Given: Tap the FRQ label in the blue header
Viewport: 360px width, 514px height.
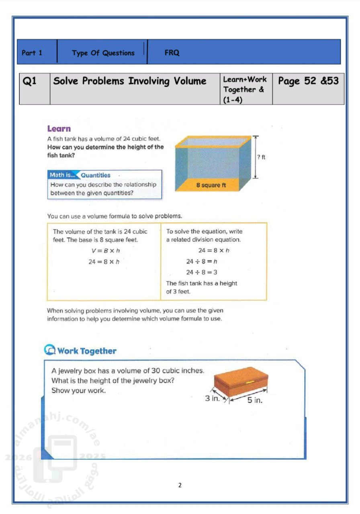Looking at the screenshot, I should (x=172, y=53).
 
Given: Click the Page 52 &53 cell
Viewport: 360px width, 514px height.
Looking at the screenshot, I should (x=309, y=81).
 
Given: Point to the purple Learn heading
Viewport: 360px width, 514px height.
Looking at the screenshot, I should (x=59, y=129).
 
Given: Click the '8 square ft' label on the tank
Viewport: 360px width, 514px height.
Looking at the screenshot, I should (x=211, y=185).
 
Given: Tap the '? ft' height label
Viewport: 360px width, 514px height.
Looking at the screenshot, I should (x=261, y=157).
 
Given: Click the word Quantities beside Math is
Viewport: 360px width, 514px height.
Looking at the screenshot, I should (x=96, y=175).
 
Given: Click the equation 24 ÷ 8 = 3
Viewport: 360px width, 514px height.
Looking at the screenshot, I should (x=202, y=272).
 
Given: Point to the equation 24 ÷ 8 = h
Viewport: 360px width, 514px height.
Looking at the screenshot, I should (x=202, y=261).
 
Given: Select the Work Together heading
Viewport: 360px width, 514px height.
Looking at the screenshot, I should (x=87, y=351).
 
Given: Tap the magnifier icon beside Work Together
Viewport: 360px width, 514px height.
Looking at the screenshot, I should (x=50, y=350).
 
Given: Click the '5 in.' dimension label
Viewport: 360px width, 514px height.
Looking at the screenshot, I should (x=255, y=400).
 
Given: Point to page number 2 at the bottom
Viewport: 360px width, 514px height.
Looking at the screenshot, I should (x=180, y=485).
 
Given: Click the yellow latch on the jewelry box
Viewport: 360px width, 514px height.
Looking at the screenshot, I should (x=250, y=382).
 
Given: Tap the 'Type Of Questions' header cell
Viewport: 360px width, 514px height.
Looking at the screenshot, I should (x=103, y=53).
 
